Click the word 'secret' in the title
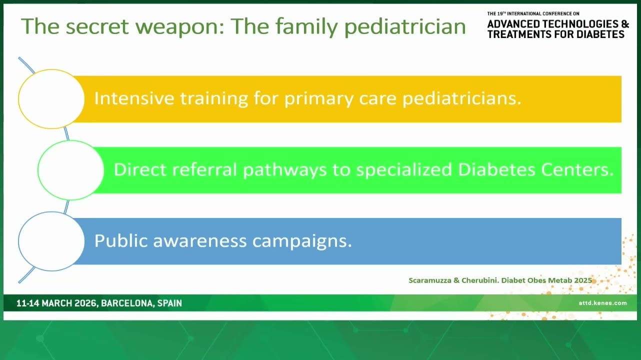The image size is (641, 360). (x=97, y=26)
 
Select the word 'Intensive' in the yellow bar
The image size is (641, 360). (x=134, y=98)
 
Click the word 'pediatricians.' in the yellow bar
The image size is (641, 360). (x=462, y=99)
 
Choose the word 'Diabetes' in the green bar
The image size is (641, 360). (x=496, y=169)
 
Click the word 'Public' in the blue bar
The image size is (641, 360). (x=121, y=240)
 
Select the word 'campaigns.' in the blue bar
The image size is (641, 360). (x=302, y=241)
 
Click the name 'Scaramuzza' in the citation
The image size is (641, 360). (x=429, y=280)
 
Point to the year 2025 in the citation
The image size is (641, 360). (x=583, y=280)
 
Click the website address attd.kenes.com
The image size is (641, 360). (x=602, y=303)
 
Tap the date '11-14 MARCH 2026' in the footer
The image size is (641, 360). (x=56, y=303)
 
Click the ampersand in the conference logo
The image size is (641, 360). (x=625, y=24)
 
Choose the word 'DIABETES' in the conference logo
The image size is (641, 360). (x=600, y=34)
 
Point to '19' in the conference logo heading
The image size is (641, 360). (x=500, y=13)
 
